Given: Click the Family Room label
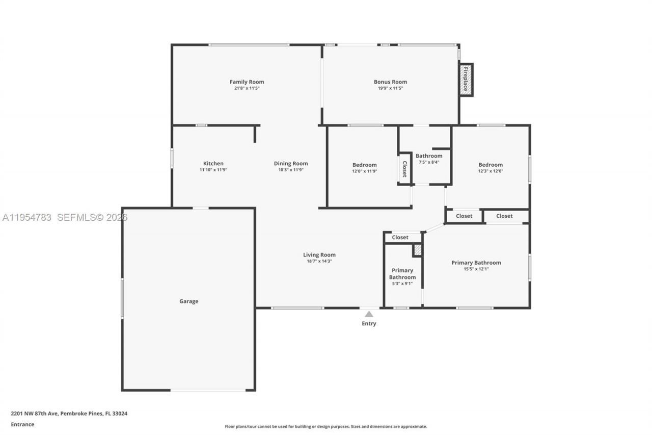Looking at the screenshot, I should (247, 82).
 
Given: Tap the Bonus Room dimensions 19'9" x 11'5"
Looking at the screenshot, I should (390, 88).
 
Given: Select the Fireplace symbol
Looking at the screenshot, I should (466, 80).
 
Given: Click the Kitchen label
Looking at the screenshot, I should (213, 164).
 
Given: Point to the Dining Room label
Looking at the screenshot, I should (291, 164).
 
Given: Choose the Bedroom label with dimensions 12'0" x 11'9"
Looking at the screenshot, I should (365, 165).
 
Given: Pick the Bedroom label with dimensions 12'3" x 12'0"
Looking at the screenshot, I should (491, 165).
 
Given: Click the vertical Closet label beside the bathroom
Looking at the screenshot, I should (404, 169).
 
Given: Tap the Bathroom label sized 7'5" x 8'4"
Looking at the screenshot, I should (429, 156).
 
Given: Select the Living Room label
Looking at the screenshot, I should (319, 255).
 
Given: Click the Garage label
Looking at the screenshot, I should (188, 301).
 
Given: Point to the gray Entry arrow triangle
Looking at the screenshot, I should (369, 314).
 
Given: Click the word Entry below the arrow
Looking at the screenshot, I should (369, 324).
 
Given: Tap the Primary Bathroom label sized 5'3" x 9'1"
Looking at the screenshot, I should (402, 274).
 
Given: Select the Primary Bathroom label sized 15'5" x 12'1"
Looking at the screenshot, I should (476, 263).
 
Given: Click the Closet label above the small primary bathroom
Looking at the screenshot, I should (400, 237).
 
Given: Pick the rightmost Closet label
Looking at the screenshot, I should (504, 216).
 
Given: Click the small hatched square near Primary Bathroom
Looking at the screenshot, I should (418, 250).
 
